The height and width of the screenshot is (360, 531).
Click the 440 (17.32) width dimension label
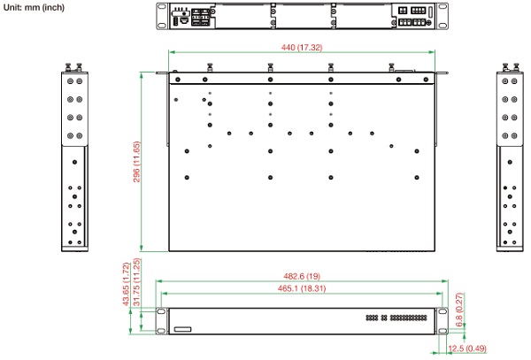pos(302,48)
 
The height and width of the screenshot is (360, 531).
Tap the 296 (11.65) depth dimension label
pos(136,162)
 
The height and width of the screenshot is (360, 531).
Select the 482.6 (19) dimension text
pos(302,276)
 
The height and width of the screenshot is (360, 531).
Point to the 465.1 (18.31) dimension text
pos(302,288)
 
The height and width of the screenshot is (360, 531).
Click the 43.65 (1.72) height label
pos(126,284)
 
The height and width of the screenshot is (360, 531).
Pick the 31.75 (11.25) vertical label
pos(137,282)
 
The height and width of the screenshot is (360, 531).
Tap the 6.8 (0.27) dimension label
pos(459,310)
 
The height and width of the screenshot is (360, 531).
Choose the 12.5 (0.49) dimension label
pos(467,349)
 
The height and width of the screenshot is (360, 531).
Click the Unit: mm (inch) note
pos(34,7)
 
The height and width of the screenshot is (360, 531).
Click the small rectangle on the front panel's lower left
pos(183,329)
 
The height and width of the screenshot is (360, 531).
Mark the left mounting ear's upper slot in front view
pos(162,311)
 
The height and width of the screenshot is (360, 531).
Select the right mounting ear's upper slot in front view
pos(442,311)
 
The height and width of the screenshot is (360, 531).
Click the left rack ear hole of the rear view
pos(162,6)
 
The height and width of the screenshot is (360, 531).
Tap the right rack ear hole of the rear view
pos(442,6)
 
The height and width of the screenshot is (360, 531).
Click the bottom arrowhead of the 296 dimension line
pos(142,249)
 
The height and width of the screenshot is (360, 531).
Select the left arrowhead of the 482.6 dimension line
pos(158,280)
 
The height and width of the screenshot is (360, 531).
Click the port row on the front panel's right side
pos(396,318)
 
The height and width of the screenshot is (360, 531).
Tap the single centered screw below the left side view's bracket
pos(75,162)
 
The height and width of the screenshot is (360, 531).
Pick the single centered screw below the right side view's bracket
pos(510,162)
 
